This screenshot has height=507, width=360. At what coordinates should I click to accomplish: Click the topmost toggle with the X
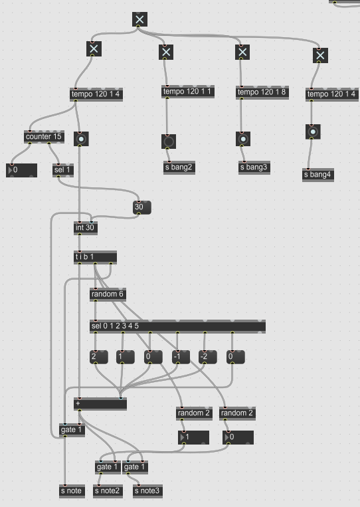(139, 19)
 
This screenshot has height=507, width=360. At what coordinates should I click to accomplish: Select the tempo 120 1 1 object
(188, 92)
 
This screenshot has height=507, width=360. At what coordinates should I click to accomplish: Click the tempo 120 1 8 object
(262, 92)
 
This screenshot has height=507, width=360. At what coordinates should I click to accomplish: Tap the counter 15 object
(44, 137)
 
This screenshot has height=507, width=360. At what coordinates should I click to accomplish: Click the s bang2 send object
(179, 168)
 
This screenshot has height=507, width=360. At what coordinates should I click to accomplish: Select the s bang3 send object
(254, 168)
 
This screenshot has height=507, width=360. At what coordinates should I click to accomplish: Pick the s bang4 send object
(318, 175)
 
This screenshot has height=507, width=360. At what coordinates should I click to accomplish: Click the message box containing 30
(142, 207)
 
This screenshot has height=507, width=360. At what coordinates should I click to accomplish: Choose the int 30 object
(85, 229)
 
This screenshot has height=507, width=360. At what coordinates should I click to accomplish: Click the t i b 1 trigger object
(96, 257)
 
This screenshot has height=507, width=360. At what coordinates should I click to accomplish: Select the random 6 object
(108, 295)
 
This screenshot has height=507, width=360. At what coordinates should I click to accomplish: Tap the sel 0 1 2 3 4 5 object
(178, 326)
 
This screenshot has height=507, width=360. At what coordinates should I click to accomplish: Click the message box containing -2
(207, 357)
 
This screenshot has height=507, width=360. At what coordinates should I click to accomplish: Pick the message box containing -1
(181, 357)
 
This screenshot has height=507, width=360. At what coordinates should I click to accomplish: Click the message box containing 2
(99, 357)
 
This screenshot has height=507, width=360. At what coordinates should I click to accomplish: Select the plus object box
(100, 404)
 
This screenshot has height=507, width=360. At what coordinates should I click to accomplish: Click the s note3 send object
(147, 492)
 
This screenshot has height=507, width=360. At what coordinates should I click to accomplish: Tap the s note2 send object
(108, 492)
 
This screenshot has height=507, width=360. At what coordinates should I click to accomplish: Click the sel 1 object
(63, 170)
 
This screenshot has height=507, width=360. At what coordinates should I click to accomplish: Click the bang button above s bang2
(169, 142)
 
